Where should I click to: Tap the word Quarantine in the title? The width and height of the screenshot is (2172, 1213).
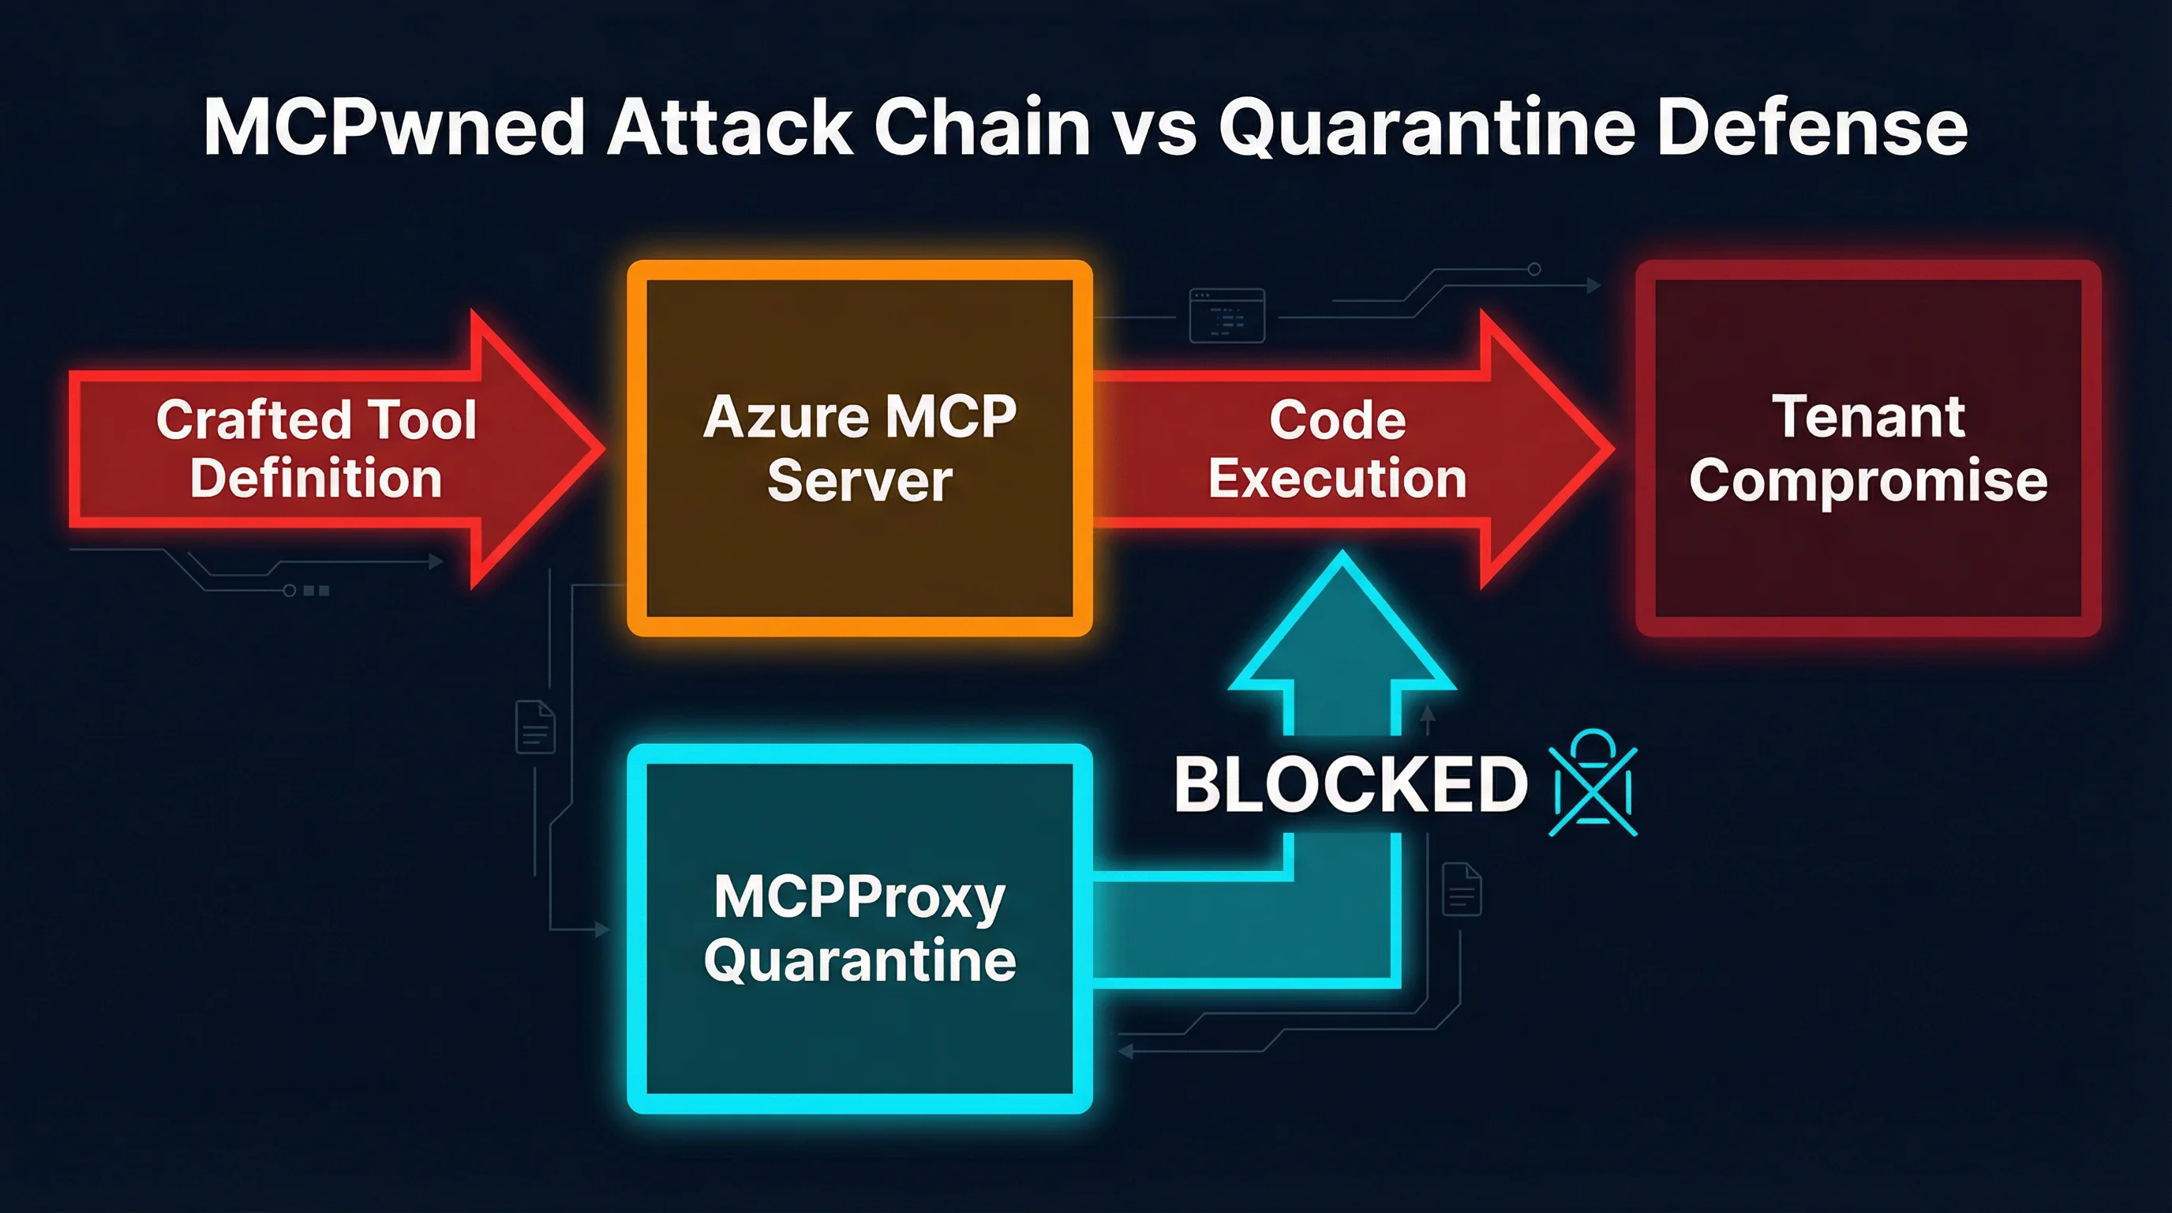click(1427, 128)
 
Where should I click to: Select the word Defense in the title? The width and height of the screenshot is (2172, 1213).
click(1812, 128)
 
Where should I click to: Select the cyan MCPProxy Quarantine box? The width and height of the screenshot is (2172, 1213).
click(860, 1038)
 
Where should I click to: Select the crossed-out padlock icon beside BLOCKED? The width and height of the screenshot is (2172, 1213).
click(1593, 784)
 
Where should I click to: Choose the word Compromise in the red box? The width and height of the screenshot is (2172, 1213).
click(1867, 481)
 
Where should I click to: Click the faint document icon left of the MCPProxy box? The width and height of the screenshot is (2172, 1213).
click(535, 727)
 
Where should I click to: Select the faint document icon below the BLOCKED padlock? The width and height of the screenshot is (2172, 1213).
click(1461, 889)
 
